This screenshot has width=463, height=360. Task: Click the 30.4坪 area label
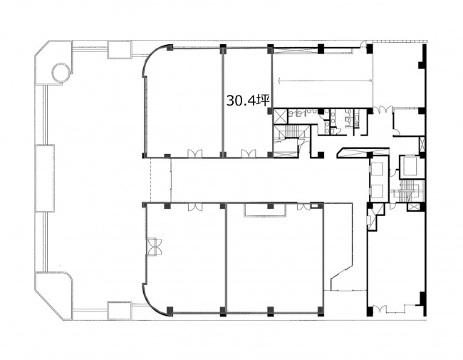[248, 101]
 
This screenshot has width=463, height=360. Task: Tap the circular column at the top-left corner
[61, 73]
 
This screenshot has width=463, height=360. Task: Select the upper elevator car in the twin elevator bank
[378, 170]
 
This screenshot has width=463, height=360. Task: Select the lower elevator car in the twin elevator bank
[378, 192]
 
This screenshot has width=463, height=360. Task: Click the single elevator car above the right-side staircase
[408, 168]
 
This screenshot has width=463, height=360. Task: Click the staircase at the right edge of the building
[407, 190]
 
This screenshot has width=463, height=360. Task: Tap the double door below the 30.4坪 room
[249, 153]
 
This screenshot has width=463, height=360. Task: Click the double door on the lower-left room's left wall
[154, 246]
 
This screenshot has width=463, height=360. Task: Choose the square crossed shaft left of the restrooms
[280, 116]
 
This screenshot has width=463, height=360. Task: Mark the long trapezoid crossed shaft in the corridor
[363, 152]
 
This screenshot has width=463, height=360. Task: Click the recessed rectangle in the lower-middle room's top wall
[265, 210]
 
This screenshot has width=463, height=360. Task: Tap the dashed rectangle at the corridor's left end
[161, 180]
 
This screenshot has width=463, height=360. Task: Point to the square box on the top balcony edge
[119, 50]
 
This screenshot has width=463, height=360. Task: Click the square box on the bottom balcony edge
[119, 310]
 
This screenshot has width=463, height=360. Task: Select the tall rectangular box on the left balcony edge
[45, 178]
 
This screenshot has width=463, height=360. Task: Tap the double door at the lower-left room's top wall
[195, 207]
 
